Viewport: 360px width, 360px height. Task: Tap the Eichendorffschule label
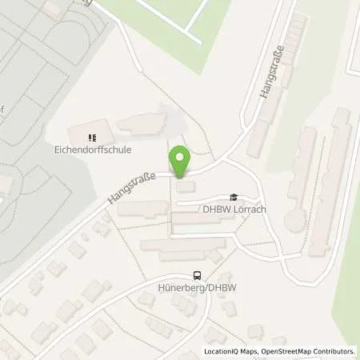coord(99,149)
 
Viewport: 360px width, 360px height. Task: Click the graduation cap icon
coord(234,197)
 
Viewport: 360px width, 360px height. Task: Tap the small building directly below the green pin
coord(185,187)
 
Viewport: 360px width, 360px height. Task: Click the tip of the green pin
coord(180,176)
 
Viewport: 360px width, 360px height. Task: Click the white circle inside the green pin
coord(180,158)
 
